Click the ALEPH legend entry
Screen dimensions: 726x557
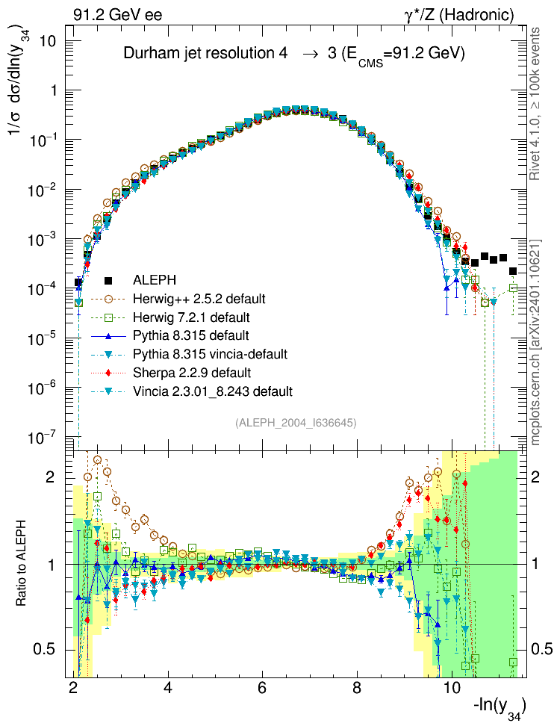pos(153,281)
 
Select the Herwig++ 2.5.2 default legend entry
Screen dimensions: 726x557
pos(199,299)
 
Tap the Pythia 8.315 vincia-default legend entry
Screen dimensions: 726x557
pos(211,353)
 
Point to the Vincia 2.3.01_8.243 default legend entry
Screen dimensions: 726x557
pos(213,391)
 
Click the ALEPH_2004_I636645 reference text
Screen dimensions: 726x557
pos(296,423)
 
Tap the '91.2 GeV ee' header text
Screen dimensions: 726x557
pos(117,14)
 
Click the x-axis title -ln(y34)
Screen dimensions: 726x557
pos(499,706)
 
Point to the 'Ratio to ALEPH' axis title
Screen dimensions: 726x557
pos(21,562)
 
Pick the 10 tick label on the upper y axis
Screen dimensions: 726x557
pos(48,40)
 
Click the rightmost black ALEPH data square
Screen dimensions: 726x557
pos(513,271)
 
